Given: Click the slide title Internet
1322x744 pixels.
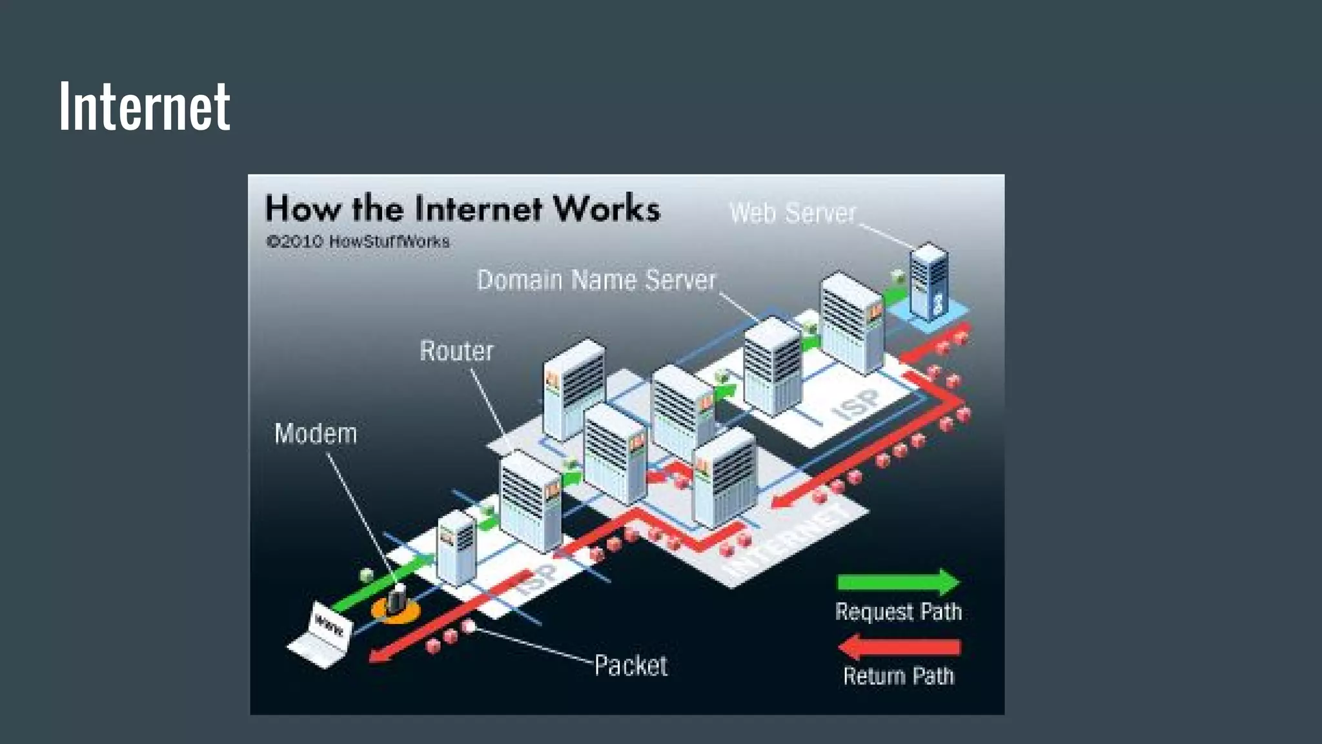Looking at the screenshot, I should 144,106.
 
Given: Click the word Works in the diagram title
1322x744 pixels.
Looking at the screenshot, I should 606,209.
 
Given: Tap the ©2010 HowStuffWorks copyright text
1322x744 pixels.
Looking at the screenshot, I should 358,242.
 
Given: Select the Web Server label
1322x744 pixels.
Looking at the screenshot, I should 792,213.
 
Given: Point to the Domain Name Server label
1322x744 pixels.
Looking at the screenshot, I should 596,280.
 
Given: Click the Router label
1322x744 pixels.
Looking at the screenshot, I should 456,351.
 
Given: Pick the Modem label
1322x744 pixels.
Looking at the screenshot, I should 316,433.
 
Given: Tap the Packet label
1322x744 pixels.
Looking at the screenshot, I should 631,665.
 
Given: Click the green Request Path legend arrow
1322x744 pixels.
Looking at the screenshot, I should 898,582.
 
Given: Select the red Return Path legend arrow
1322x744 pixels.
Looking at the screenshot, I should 898,646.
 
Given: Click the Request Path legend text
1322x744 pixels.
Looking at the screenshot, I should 898,612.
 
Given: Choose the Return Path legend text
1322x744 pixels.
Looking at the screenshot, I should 898,676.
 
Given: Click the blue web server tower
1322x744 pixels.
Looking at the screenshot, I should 928,282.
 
